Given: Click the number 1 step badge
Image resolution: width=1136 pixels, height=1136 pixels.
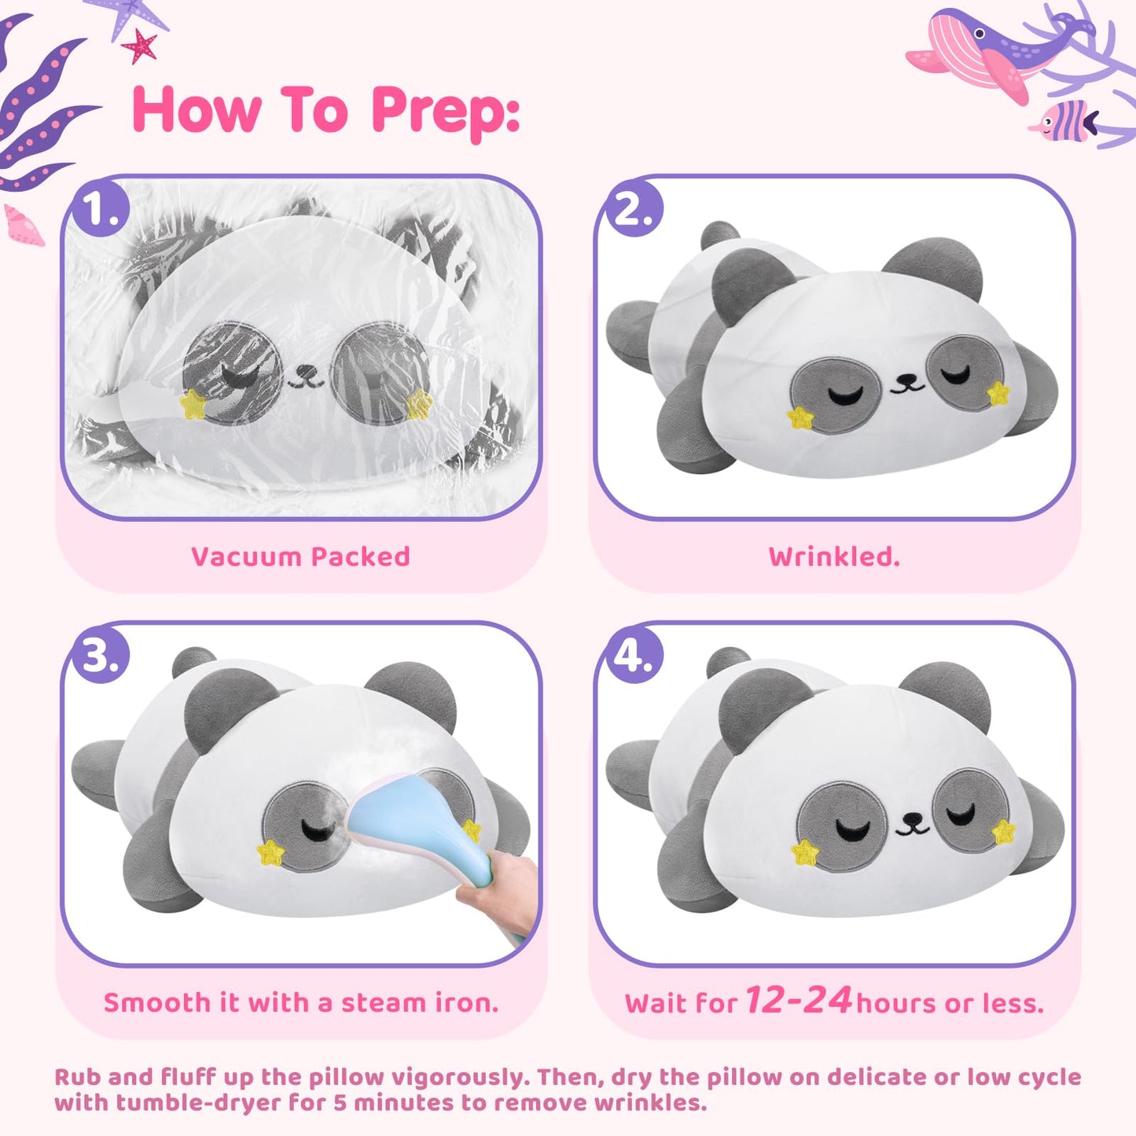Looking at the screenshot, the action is pos(99,207).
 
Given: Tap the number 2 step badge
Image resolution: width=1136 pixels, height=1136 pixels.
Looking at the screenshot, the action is pos(633,207).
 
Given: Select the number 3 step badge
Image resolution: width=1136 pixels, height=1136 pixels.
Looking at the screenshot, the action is pos(99,654).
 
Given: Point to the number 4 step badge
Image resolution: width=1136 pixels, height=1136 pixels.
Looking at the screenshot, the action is pos(633,654).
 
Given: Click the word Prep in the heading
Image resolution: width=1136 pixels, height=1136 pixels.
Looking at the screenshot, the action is pos(446,112).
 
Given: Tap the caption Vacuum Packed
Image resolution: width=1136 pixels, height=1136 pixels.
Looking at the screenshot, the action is pos(300,557).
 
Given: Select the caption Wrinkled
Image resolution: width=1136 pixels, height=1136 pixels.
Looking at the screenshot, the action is pos(834,557).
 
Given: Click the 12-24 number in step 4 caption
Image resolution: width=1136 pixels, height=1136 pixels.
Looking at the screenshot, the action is pos(799,998).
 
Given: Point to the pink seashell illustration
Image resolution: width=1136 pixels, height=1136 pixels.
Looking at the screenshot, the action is pos(24,225).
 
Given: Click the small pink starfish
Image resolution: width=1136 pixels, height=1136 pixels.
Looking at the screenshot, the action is pos(140,46).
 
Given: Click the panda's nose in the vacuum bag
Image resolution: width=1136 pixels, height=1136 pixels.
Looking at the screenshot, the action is pos(304,371).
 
